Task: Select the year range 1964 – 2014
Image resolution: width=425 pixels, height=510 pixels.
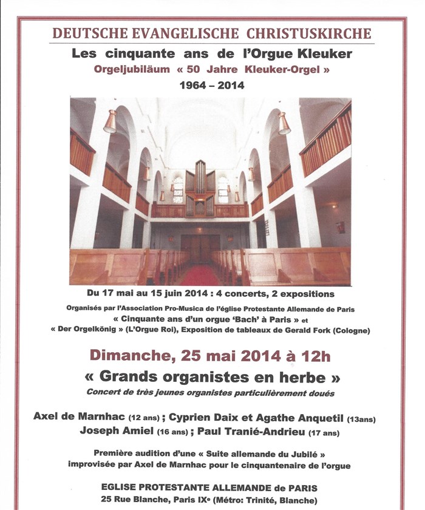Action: point(211,85)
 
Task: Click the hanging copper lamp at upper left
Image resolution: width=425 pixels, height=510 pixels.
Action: point(110,121)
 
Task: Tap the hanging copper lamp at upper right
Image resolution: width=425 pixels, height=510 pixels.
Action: point(284,124)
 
